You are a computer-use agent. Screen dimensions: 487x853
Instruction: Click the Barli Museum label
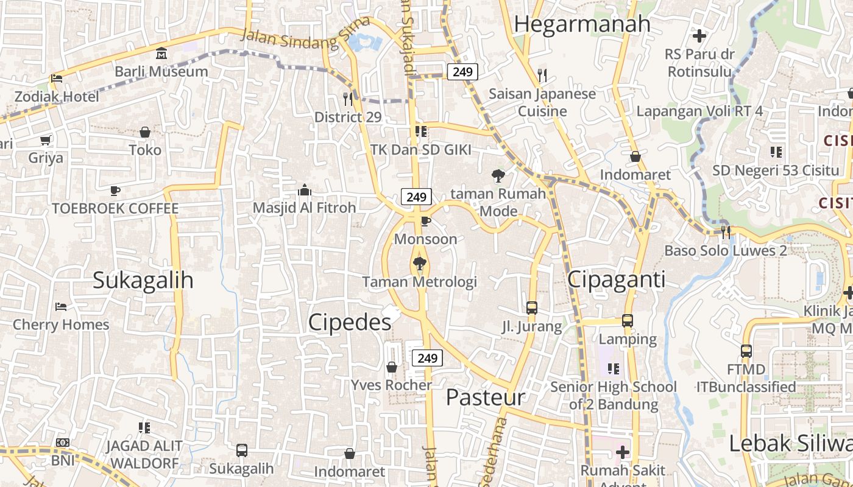pyautogui.click(x=161, y=71)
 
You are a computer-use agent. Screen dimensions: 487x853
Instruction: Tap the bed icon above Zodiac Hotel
pyautogui.click(x=57, y=78)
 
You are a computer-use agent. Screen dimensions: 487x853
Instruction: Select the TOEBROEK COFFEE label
pyautogui.click(x=115, y=209)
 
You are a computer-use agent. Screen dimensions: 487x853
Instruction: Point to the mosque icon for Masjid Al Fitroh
pyautogui.click(x=305, y=191)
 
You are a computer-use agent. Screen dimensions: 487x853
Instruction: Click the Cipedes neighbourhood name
pyautogui.click(x=350, y=323)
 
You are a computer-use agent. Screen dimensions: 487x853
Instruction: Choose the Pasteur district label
pyautogui.click(x=486, y=398)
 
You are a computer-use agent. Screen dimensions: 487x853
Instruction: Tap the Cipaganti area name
pyautogui.click(x=616, y=279)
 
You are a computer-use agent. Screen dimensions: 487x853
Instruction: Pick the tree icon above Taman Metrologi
pyautogui.click(x=419, y=264)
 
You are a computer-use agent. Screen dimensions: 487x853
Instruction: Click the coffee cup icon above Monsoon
pyautogui.click(x=425, y=220)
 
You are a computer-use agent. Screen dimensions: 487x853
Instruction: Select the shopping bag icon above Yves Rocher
pyautogui.click(x=392, y=367)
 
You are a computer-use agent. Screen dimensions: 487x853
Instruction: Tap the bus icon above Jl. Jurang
pyautogui.click(x=532, y=308)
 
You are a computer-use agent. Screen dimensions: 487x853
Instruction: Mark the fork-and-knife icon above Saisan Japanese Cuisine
pyautogui.click(x=542, y=75)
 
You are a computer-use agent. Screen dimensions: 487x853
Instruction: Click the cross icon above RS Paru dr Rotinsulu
pyautogui.click(x=699, y=36)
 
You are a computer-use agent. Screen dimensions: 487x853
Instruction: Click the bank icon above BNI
pyautogui.click(x=63, y=443)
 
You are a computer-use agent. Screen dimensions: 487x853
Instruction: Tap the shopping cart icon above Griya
pyautogui.click(x=46, y=141)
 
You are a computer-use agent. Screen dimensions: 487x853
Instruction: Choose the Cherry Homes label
pyautogui.click(x=61, y=324)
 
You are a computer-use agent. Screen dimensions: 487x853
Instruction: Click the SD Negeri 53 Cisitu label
pyautogui.click(x=776, y=170)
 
